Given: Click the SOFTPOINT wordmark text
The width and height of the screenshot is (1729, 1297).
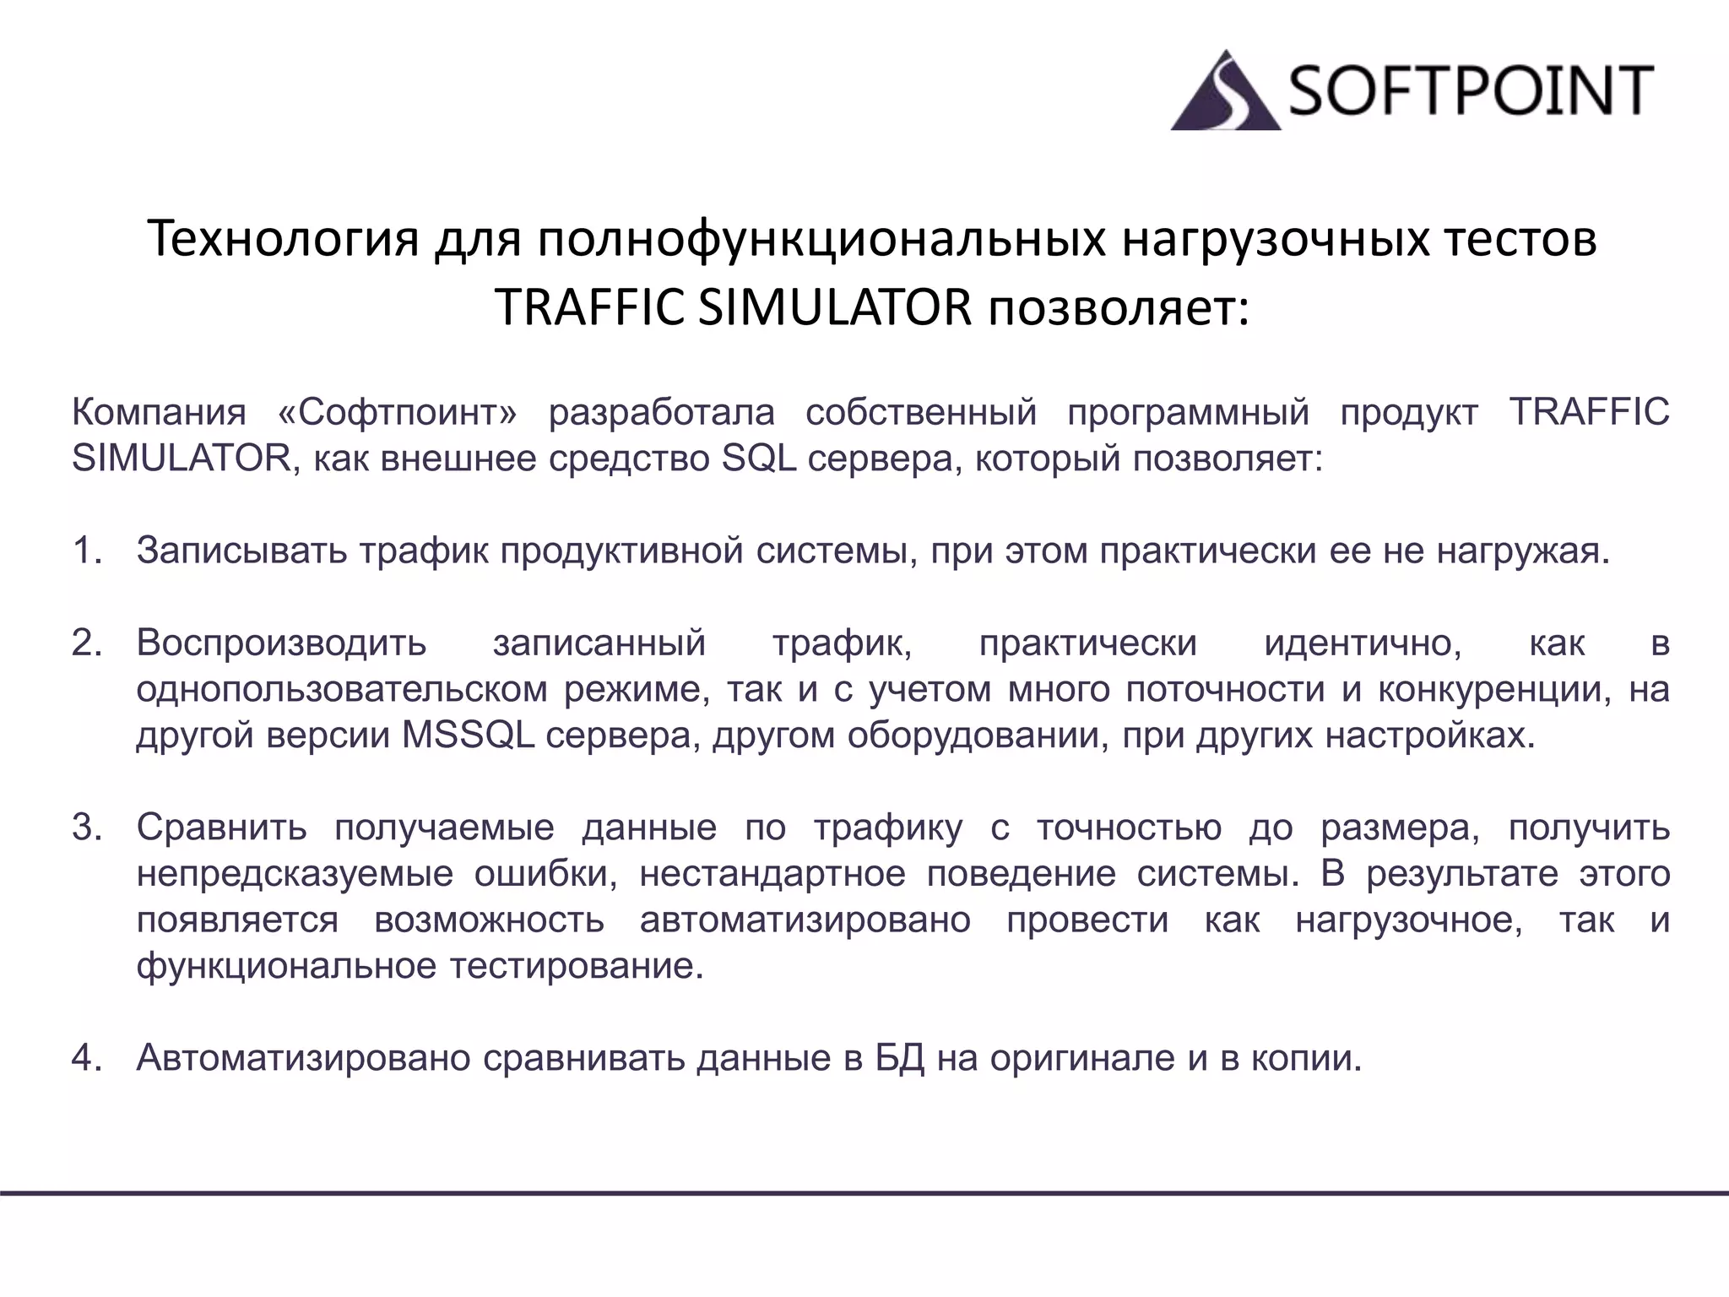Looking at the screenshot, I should tap(1470, 91).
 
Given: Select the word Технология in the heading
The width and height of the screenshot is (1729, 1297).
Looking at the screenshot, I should tap(283, 239).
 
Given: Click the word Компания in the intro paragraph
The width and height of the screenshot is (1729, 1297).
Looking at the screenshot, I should tap(159, 413).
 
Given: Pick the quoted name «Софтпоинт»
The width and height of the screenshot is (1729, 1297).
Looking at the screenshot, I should tap(397, 413).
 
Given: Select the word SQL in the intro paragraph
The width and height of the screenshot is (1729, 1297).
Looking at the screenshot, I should tap(759, 459).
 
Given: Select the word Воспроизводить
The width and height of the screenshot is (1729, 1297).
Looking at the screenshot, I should tap(281, 643).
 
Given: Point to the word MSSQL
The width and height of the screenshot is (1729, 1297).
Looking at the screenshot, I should tap(468, 735).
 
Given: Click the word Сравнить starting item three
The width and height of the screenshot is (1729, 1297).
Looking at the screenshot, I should tap(221, 828).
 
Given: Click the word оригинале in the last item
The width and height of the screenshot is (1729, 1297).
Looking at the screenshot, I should tap(1082, 1058).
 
